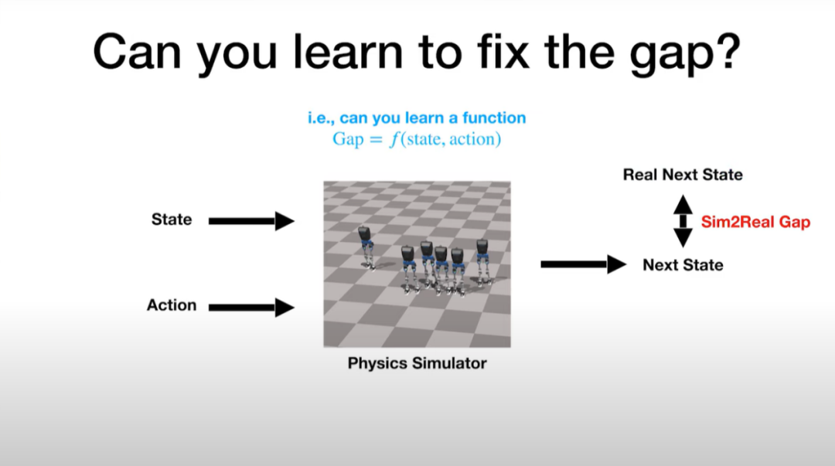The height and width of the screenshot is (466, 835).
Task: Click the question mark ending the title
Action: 728,51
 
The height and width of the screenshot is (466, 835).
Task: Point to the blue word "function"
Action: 493,117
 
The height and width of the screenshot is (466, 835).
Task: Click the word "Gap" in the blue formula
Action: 348,140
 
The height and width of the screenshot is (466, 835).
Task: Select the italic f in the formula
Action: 394,140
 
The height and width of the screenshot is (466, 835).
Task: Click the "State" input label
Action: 172,219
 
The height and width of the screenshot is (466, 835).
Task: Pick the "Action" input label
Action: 172,305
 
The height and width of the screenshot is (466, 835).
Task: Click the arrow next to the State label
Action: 251,221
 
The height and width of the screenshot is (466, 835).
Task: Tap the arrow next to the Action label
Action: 251,308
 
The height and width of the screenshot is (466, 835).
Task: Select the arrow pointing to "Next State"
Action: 583,264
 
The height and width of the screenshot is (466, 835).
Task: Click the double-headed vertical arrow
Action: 683,221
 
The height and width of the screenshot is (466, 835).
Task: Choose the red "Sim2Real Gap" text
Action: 755,222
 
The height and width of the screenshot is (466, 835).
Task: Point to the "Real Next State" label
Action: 683,175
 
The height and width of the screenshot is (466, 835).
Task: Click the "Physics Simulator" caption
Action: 417,363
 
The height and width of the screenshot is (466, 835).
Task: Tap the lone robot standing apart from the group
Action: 367,247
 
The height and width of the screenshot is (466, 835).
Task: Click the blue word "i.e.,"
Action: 321,118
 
